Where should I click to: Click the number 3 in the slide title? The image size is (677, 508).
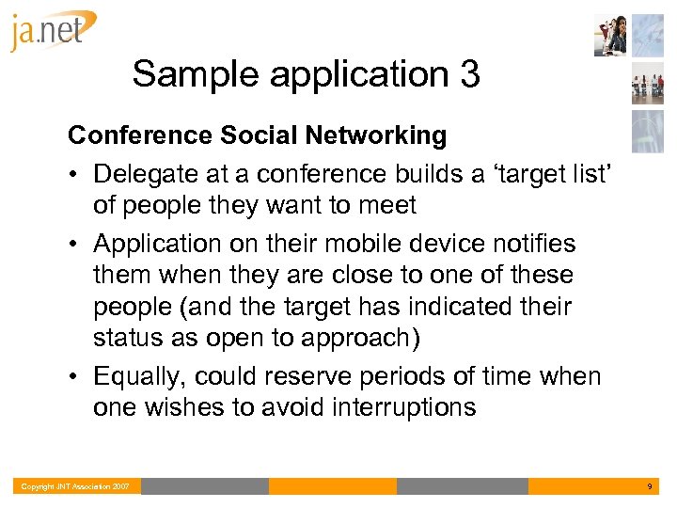[469, 75]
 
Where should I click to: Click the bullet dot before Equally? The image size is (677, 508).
[74, 377]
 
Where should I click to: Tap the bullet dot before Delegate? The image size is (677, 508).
[74, 175]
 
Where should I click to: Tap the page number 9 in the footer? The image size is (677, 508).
[649, 486]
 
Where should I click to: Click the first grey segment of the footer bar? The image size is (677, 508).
[204, 486]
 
